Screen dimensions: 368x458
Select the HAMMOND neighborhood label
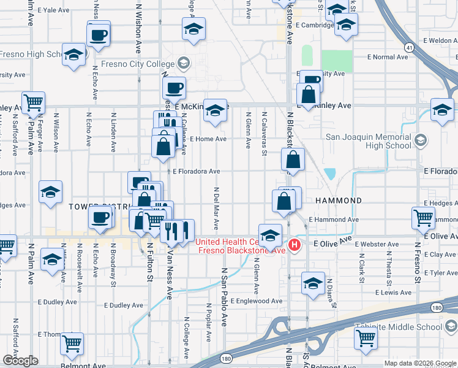pyautogui.click(x=339, y=201)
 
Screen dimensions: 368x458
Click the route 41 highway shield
pyautogui.click(x=408, y=47)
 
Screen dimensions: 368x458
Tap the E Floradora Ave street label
pyautogui.click(x=196, y=172)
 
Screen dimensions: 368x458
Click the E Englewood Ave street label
pyautogui.click(x=254, y=301)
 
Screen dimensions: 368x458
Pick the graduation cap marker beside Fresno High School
pyautogui.click(x=74, y=55)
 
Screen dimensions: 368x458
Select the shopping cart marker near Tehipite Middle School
pyautogui.click(x=366, y=337)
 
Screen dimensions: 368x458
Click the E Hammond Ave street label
pyautogui.click(x=334, y=219)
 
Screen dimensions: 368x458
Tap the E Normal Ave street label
pyautogui.click(x=388, y=57)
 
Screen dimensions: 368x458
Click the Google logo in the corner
pyautogui.click(x=21, y=361)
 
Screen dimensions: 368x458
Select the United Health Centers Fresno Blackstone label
pyautogui.click(x=241, y=246)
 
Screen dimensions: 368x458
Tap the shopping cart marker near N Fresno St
pyautogui.click(x=423, y=217)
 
